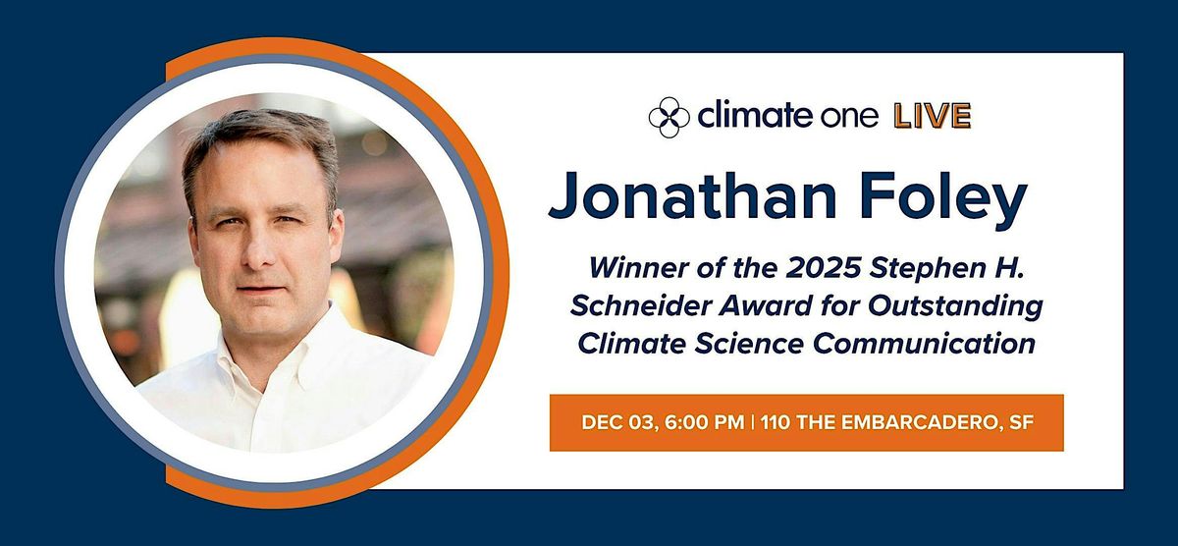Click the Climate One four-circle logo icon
669,117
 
